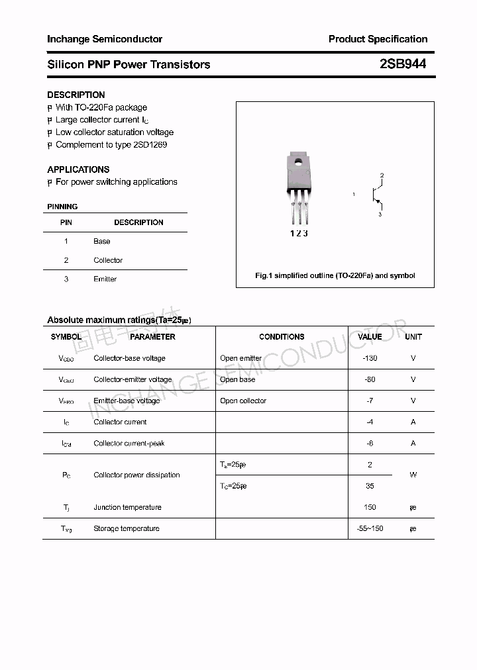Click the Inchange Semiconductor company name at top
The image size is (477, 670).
(x=105, y=39)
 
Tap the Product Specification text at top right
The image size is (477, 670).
(x=378, y=39)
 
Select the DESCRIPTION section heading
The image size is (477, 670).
(x=76, y=95)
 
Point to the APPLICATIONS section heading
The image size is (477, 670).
(x=78, y=169)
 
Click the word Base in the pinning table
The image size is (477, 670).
(x=102, y=242)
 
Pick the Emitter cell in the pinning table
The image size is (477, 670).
(x=105, y=279)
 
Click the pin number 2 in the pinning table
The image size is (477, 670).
(x=66, y=260)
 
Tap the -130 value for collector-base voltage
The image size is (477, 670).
(x=370, y=358)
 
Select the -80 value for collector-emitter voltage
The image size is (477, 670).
(x=370, y=379)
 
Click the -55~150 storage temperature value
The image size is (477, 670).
(x=370, y=528)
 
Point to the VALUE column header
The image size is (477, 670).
(x=370, y=337)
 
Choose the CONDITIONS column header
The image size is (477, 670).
(x=282, y=337)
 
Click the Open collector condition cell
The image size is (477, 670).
(x=243, y=401)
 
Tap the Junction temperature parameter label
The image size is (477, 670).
(x=127, y=507)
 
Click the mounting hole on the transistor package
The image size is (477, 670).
(x=298, y=160)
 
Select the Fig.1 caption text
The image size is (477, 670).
(x=335, y=275)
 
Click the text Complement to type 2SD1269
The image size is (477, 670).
(x=111, y=145)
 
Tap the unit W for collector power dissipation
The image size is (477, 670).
(x=413, y=475)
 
